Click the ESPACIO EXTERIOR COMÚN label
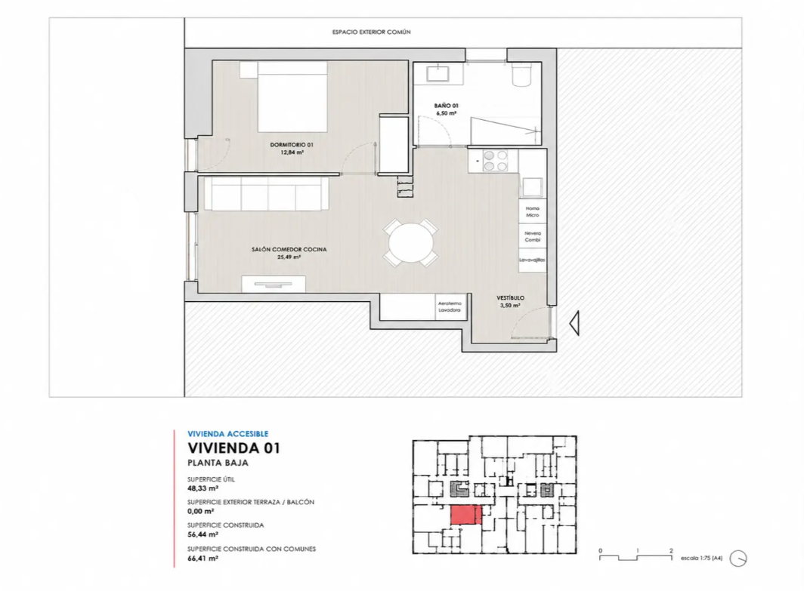click(371, 32)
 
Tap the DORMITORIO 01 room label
click(292, 145)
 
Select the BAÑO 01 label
click(446, 106)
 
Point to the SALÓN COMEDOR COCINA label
click(289, 249)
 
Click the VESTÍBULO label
click(510, 297)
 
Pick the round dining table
click(411, 243)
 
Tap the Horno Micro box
click(532, 211)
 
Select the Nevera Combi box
click(532, 236)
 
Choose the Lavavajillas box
click(532, 260)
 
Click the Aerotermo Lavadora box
click(450, 306)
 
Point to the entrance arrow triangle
click(574, 323)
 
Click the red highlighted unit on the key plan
click(466, 515)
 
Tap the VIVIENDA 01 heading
click(233, 448)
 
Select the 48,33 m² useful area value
click(203, 488)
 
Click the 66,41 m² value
click(203, 559)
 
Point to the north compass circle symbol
click(738, 559)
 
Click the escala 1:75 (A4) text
click(701, 558)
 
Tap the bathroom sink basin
click(438, 73)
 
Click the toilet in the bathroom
click(522, 75)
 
